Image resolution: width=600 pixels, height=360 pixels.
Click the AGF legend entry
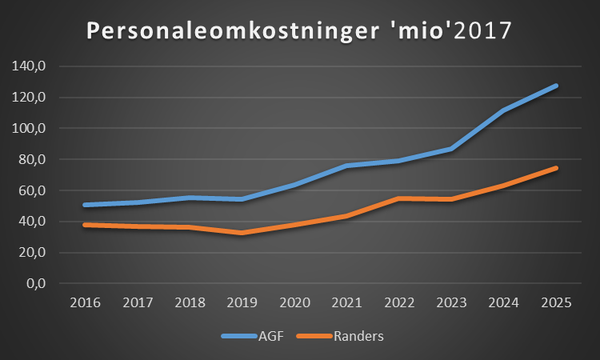[269, 336]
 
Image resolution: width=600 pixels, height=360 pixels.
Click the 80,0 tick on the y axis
[31, 159]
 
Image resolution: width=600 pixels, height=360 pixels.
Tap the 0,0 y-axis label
[34, 283]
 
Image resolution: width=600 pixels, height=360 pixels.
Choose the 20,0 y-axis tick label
[31, 253]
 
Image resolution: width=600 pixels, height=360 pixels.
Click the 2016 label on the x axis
[84, 304]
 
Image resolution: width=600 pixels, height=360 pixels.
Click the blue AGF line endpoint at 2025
[555, 86]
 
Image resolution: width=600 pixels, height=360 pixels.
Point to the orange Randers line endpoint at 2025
[555, 168]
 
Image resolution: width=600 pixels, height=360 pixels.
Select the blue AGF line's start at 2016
[84, 205]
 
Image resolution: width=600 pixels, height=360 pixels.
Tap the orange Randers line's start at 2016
[84, 225]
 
